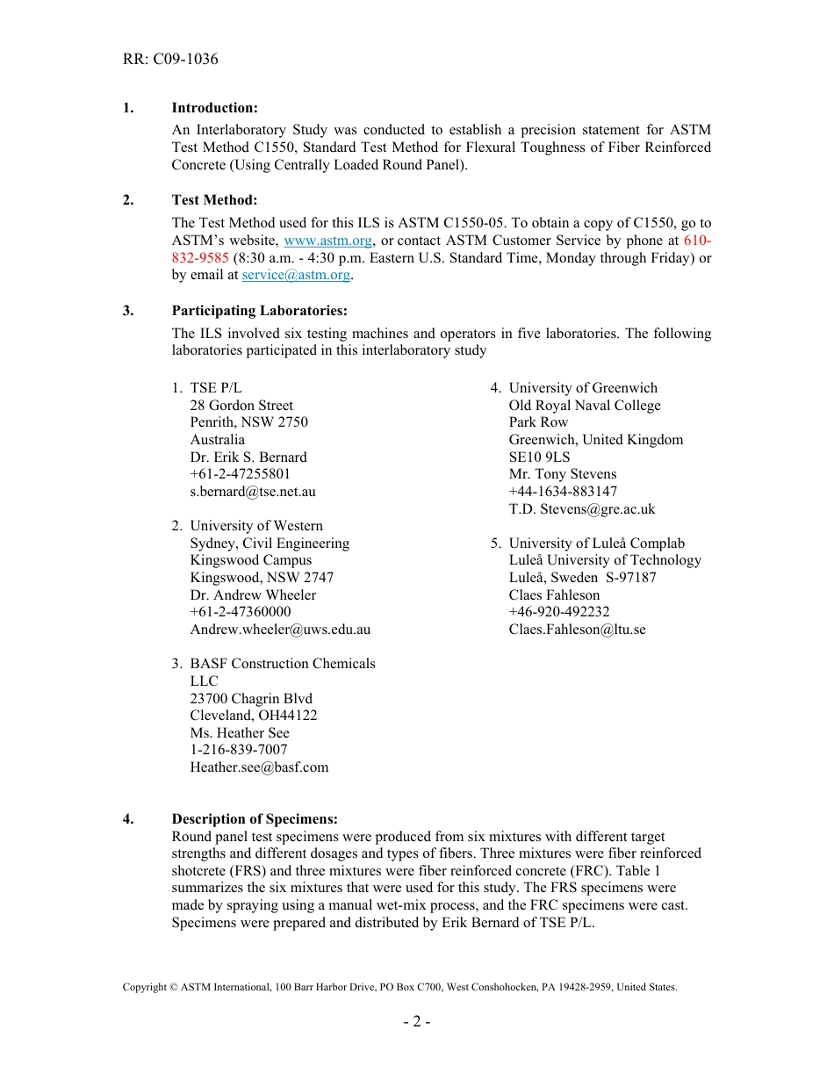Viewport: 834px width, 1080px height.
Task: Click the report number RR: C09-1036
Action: pos(170,59)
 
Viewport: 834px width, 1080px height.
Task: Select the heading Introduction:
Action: pos(214,108)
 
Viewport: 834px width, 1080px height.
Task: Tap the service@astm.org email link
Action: pos(296,275)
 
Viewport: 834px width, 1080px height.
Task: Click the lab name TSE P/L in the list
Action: pos(216,388)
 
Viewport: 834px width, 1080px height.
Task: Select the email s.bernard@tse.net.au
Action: pos(253,492)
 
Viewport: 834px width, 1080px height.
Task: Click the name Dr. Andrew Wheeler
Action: pos(253,595)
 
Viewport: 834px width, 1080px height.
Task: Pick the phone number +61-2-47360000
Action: pos(241,612)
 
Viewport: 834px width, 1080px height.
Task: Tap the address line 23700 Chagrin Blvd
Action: pos(251,699)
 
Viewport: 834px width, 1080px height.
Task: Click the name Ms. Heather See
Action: pos(240,733)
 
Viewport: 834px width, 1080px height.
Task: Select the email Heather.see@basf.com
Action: pos(259,767)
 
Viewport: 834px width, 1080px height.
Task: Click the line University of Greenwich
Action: pos(583,388)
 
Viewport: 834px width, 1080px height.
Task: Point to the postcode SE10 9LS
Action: pos(539,457)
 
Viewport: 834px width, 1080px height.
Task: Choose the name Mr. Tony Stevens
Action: pos(563,474)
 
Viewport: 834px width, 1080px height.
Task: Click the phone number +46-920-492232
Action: pos(559,612)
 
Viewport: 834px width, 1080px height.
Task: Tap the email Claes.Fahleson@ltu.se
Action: pos(577,630)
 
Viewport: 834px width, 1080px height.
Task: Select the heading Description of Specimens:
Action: pos(255,819)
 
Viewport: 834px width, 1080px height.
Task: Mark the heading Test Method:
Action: pos(214,200)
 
